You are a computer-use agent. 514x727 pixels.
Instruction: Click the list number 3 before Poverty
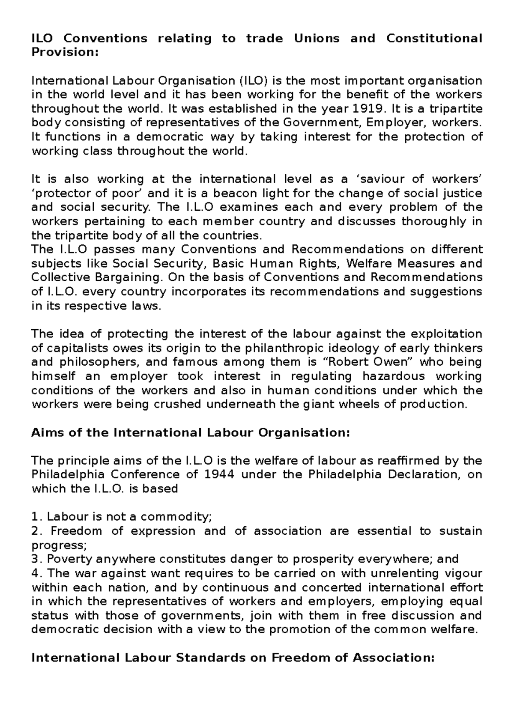(35, 559)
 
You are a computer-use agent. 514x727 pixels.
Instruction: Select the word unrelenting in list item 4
(411, 573)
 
